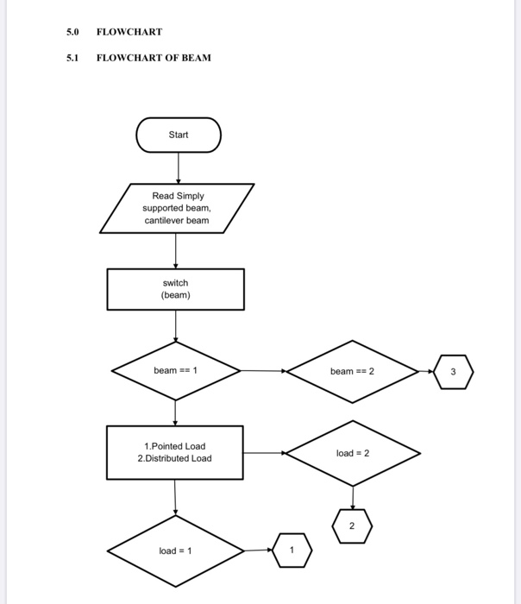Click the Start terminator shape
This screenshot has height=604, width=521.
178,135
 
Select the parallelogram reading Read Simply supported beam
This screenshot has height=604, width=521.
177,208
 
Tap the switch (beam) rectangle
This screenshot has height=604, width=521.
176,289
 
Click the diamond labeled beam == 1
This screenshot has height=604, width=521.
176,370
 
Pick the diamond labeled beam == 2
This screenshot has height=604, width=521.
352,371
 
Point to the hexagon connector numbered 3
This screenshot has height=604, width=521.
455,371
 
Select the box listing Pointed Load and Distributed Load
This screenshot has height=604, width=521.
175,452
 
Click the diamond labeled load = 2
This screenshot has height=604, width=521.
352,452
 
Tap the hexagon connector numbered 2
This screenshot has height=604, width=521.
352,525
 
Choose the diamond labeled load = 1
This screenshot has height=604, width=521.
176,551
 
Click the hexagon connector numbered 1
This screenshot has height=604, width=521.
292,551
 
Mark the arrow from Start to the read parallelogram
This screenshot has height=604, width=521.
178,167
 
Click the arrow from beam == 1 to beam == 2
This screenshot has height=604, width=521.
263,371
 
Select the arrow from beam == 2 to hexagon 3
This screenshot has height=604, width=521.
427,371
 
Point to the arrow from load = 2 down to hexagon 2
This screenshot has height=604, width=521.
352,495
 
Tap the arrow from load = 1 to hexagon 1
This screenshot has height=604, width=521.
258,551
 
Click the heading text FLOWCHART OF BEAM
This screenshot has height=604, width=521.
154,58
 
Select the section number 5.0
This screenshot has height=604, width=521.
72,32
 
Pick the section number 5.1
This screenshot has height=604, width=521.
72,58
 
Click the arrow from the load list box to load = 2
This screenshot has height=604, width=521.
264,452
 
